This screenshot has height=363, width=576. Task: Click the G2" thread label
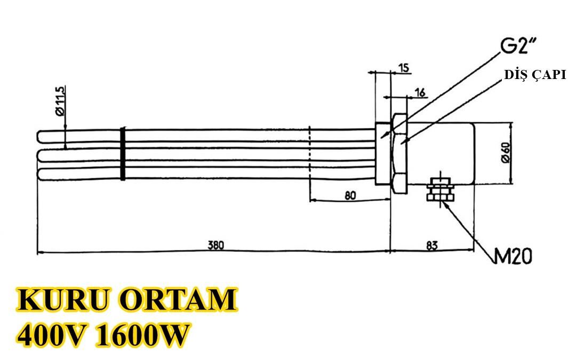point(517,47)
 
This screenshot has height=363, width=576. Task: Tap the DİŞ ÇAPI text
point(535,75)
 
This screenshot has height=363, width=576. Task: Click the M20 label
point(514,257)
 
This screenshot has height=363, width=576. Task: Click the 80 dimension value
point(350,195)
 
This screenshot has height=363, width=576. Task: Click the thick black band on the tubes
point(123,154)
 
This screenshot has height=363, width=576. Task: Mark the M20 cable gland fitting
point(440,191)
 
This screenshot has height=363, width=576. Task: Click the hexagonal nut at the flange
point(399,154)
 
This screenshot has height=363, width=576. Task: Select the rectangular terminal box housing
point(442,154)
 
